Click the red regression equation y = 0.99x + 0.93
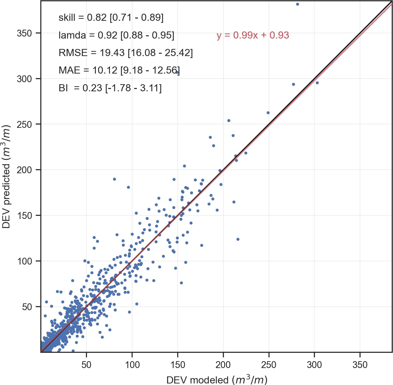(253, 35)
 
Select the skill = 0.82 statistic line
(111, 17)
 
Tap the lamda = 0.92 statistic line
(116, 35)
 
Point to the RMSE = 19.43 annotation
(126, 53)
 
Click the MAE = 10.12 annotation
(119, 70)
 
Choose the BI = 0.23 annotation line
(110, 88)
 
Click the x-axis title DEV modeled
(217, 380)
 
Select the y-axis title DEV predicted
(6, 177)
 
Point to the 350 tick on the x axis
(360, 365)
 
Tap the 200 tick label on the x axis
(223, 365)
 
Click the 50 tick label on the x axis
(86, 365)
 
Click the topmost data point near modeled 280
(297, 4)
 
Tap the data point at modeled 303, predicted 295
(317, 83)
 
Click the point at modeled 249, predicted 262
(268, 113)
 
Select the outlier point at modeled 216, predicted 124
(238, 239)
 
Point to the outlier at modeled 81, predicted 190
(114, 179)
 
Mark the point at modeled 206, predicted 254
(229, 121)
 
